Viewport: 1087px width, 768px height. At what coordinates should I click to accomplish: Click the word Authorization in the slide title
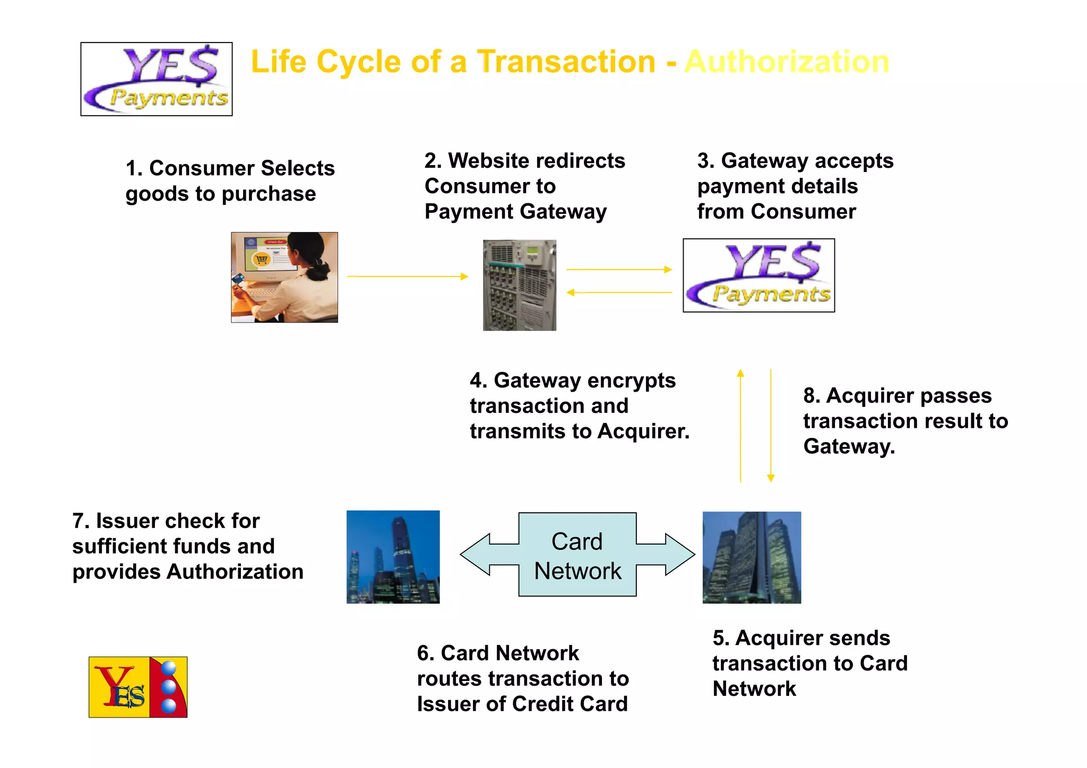click(787, 62)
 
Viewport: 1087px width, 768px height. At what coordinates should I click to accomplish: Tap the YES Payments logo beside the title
click(157, 79)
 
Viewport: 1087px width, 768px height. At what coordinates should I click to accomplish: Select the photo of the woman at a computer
click(284, 277)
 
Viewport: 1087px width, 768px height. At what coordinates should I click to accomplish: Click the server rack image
click(520, 285)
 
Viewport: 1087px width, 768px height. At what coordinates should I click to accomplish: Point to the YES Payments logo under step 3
click(758, 275)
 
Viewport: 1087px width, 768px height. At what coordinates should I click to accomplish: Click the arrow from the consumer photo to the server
click(407, 277)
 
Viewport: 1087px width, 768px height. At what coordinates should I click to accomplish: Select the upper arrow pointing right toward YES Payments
click(619, 270)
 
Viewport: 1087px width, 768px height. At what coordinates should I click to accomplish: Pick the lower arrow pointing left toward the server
click(619, 292)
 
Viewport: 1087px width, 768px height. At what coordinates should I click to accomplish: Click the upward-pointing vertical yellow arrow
click(740, 425)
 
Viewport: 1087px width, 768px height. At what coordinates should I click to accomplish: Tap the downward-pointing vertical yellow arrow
click(771, 425)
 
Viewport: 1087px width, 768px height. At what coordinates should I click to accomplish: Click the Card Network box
click(577, 555)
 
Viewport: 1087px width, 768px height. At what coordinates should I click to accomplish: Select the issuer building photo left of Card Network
click(393, 557)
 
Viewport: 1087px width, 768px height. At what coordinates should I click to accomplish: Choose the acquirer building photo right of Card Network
click(752, 557)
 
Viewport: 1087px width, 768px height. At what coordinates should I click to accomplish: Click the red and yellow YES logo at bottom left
click(138, 687)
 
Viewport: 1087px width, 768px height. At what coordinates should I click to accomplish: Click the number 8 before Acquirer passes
click(809, 396)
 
